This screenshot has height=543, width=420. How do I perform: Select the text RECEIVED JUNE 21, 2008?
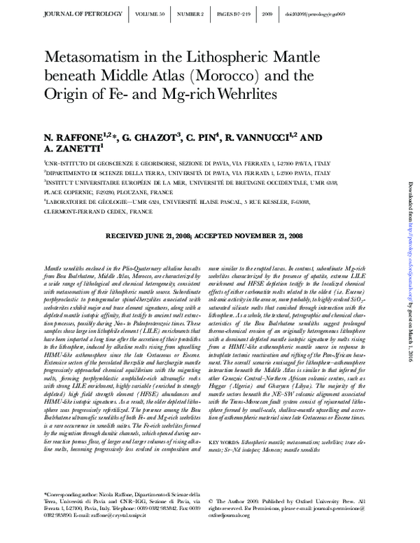(148, 237)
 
